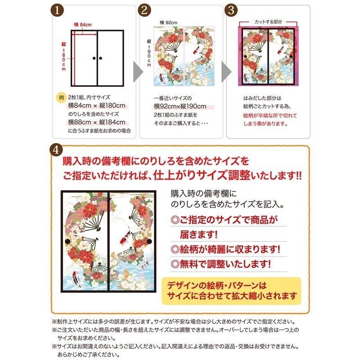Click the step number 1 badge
coord(57,10)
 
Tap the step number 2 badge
coord(144,10)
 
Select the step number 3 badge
coord(231,10)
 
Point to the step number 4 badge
coord(56,150)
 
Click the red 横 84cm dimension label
coord(83,25)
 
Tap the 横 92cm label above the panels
coord(168,22)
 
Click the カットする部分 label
coord(268,22)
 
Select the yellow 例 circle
coord(61,98)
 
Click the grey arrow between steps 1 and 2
coord(138,72)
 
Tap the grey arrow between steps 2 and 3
coord(226,72)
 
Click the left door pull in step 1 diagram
coord(94,58)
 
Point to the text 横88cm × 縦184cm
coord(97,122)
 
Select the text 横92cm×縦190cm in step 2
coord(180,106)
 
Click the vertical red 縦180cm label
coord(63,57)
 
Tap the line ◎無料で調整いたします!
coord(220,264)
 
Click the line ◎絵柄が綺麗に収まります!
coord(225,249)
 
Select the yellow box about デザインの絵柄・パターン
coord(231,291)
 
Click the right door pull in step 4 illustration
coord(149,241)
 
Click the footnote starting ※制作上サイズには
coord(174,321)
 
